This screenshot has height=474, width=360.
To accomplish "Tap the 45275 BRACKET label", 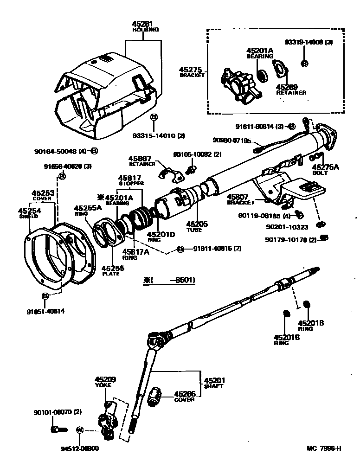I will point(192,72).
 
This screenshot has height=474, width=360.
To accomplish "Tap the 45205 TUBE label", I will point(197,227).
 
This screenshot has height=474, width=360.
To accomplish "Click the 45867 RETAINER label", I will point(141,161).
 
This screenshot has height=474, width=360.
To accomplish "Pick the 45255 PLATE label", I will point(110,270).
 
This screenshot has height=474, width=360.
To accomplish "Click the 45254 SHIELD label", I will point(29,213).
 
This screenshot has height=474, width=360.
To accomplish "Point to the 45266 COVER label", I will point(185,397).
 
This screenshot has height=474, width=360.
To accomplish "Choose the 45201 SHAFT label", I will point(213,383).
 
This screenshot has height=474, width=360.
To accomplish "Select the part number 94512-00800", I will point(79,448).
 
